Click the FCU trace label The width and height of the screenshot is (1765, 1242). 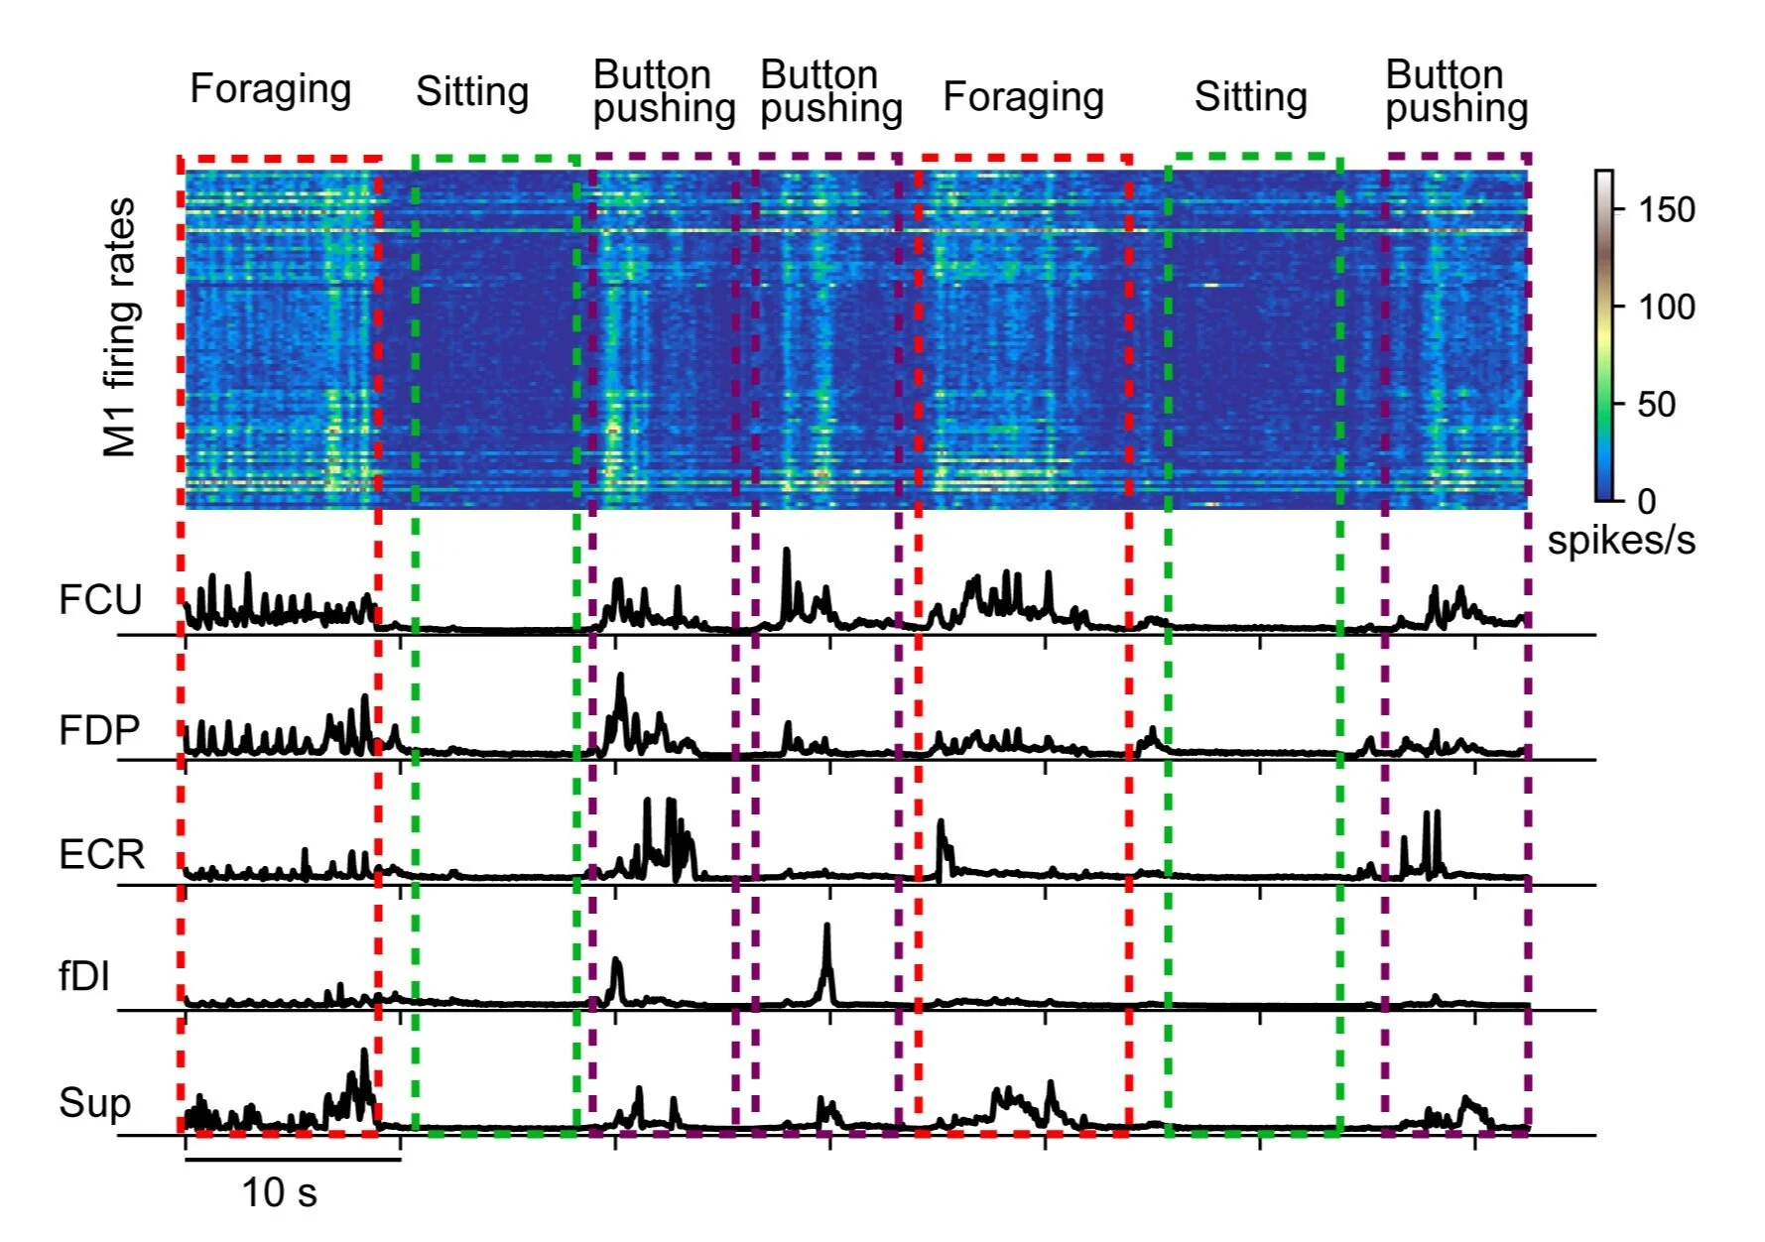coord(100,600)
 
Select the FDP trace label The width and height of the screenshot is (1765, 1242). coord(99,731)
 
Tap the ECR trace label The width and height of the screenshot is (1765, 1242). coord(101,854)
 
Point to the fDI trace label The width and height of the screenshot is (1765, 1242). coord(84,977)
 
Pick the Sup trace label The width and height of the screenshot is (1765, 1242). coord(94,1103)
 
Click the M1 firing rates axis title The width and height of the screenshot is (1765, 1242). coord(119,327)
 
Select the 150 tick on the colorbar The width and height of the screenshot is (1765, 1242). coord(1666,210)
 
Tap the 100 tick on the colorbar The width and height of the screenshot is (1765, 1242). coord(1666,307)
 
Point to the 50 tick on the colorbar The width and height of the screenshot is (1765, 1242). coord(1656,404)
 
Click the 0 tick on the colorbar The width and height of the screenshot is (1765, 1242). coord(1646,501)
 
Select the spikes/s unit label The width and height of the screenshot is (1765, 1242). coord(1621,541)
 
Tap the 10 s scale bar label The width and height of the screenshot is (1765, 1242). coord(279,1192)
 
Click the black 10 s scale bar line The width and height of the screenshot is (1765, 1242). coord(293,1159)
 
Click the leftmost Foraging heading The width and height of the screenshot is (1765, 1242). coord(270,89)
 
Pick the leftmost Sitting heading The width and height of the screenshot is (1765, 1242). coord(472,92)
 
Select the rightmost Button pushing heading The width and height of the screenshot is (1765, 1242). coord(1455,91)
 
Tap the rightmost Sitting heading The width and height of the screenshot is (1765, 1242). coord(1250,97)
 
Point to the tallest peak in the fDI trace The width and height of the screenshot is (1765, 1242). coord(826,927)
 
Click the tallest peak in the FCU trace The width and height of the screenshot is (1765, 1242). coord(787,550)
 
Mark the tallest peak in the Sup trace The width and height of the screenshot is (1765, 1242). coord(364,1052)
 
